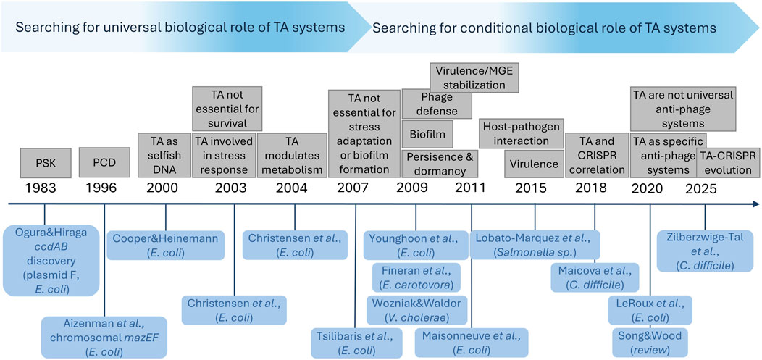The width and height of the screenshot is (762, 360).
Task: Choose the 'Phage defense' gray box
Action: point(437,103)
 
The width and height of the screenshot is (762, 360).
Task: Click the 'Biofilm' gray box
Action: point(427,133)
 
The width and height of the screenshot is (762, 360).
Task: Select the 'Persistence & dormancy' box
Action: point(437,164)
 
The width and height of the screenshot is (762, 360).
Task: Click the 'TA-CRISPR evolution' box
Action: point(728,163)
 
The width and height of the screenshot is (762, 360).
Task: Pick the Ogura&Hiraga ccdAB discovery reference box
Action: point(51,259)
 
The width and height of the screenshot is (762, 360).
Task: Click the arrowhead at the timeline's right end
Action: point(753,204)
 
